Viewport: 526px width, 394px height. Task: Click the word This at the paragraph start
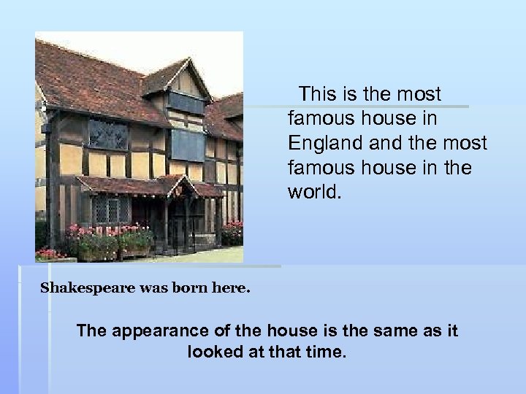click(319, 94)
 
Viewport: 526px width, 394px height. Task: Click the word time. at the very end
click(325, 352)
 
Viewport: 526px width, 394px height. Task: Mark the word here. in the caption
click(230, 287)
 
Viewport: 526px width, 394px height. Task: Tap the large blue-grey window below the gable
click(188, 144)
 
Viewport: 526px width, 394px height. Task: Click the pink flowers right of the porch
click(232, 232)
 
